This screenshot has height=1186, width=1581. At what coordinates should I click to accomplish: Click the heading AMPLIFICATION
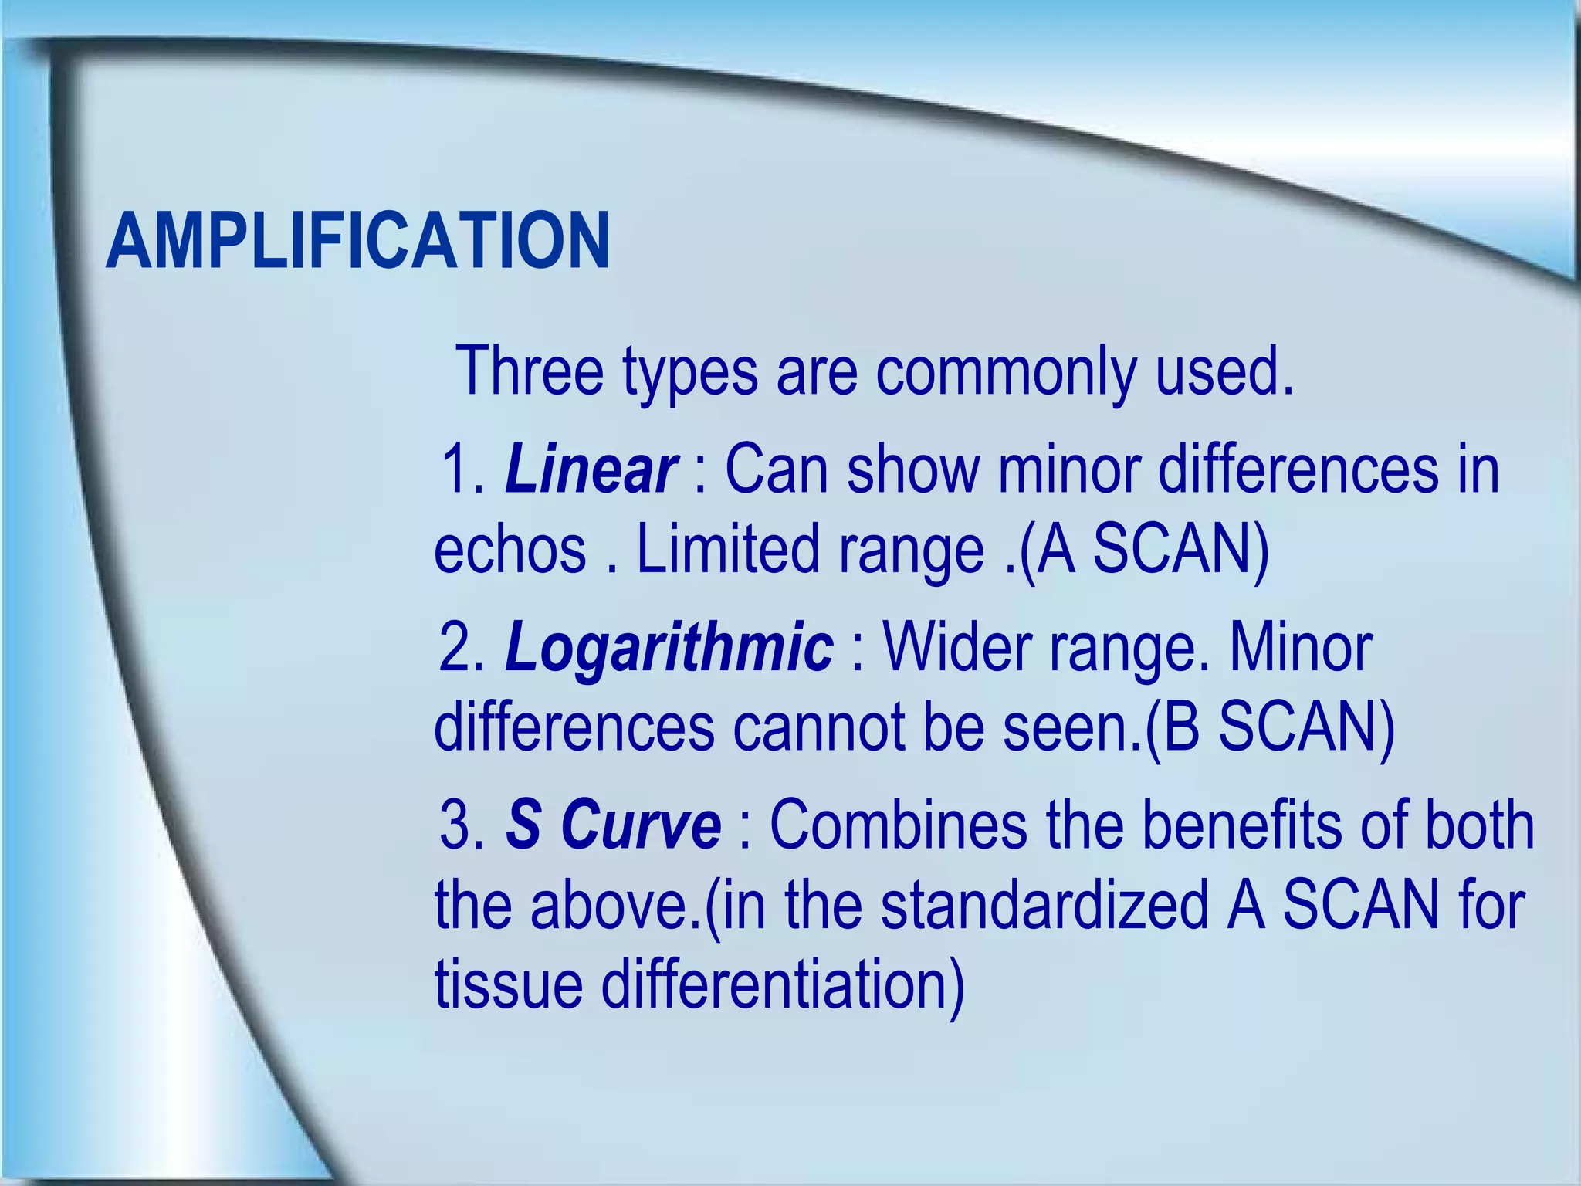tap(357, 241)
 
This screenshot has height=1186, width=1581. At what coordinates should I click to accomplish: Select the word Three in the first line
tap(529, 371)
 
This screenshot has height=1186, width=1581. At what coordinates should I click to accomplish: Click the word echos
tap(510, 550)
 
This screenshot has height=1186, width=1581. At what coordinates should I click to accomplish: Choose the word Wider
tap(956, 647)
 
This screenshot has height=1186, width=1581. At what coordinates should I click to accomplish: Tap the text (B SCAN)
tap(1269, 729)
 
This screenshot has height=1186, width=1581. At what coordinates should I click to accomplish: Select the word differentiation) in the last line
tap(782, 987)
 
